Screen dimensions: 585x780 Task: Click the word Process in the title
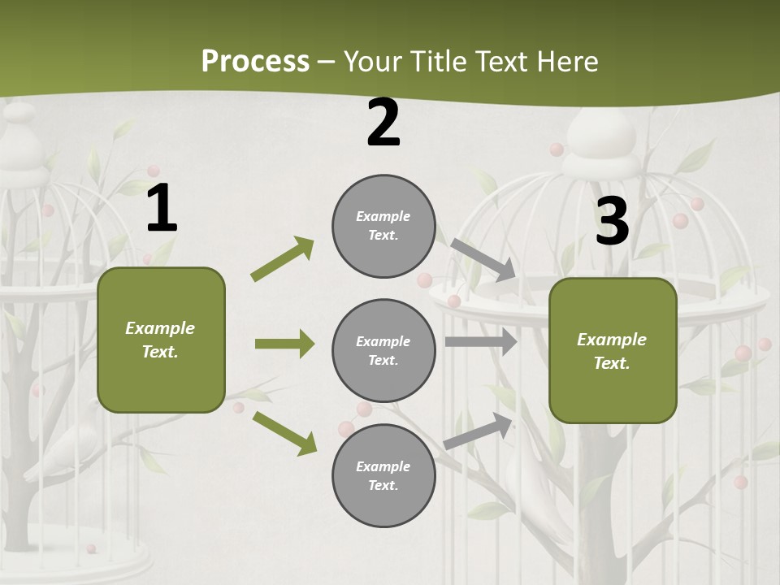[255, 62]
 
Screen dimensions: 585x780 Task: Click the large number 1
[162, 209]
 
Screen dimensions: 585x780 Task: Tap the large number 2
[383, 123]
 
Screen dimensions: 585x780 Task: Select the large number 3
[613, 221]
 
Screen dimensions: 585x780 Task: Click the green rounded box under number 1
[161, 340]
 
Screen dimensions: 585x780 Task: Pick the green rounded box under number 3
[613, 350]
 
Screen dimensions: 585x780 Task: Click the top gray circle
[383, 226]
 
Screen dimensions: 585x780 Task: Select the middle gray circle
[383, 350]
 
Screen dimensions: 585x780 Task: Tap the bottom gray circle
[383, 475]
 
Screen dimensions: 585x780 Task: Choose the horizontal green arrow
[284, 344]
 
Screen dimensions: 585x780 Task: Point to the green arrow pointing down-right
[284, 433]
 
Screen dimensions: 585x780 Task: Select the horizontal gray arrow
[481, 342]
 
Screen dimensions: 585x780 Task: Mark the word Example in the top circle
[383, 216]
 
